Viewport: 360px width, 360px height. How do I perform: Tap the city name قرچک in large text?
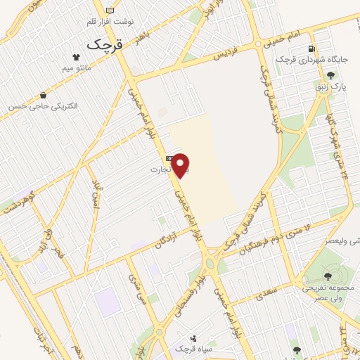coord(104,44)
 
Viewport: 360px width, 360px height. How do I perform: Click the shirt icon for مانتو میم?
coord(76,56)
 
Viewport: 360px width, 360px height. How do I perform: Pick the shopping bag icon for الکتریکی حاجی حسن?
coord(44,95)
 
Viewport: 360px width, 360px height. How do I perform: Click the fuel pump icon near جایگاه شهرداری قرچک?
coord(310,49)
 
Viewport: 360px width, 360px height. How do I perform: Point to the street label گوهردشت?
coord(19,201)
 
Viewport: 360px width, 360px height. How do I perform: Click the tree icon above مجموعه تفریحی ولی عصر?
coord(328,276)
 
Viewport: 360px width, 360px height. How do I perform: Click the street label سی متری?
coord(134,286)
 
